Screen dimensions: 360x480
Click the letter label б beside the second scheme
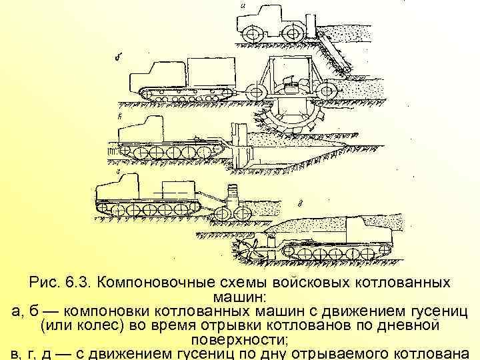[118, 57]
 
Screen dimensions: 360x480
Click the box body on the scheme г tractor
[179, 189]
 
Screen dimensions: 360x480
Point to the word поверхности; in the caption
[239, 338]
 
